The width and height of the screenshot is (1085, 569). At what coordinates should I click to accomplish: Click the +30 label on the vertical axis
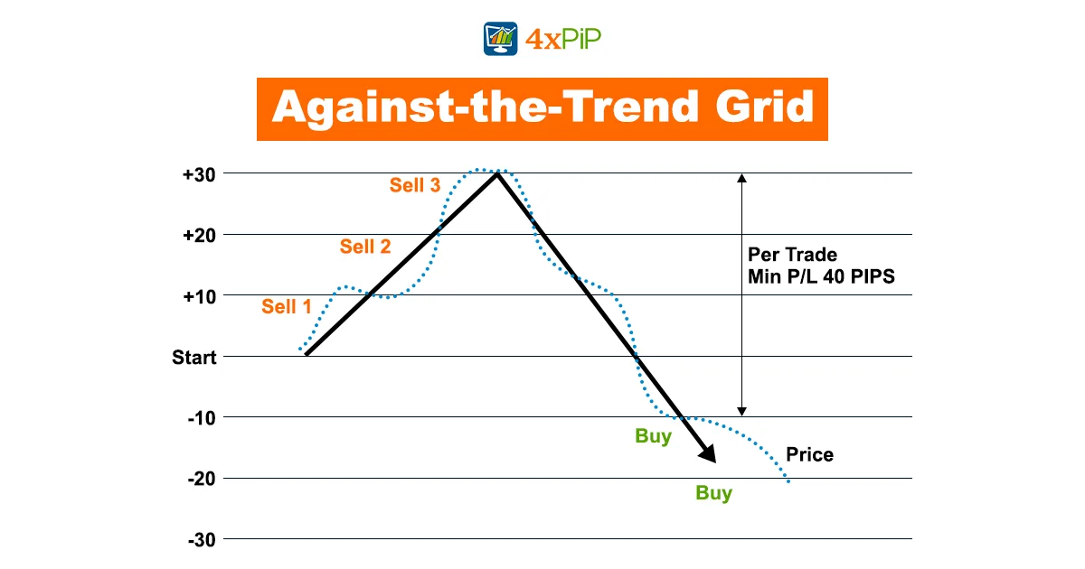[x=199, y=174]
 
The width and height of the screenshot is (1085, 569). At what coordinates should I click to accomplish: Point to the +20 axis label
[x=199, y=236]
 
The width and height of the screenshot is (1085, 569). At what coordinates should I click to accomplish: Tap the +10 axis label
[x=199, y=296]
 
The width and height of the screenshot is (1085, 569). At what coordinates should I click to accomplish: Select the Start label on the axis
[x=194, y=358]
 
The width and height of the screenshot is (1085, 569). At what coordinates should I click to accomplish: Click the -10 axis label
[x=202, y=418]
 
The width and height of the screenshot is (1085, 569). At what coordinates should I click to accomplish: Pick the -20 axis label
[x=202, y=479]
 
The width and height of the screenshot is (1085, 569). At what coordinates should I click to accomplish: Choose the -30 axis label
[x=202, y=540]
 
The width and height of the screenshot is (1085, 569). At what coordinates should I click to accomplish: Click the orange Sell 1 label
[x=287, y=307]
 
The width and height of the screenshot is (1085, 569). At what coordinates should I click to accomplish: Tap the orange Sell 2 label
[x=365, y=247]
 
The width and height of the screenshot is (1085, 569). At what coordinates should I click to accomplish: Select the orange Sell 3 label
[x=415, y=185]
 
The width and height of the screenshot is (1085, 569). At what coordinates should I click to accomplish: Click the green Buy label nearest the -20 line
[x=714, y=493]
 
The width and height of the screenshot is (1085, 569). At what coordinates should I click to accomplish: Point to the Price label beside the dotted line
[x=810, y=455]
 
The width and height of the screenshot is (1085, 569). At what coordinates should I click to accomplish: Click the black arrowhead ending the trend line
[x=708, y=453]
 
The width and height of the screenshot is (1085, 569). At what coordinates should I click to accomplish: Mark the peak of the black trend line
[x=497, y=174]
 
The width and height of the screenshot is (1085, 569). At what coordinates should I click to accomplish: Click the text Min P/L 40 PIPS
[x=822, y=276]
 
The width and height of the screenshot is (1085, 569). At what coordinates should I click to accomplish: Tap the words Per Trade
[x=792, y=255]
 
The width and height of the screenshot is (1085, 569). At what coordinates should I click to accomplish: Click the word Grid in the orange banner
[x=764, y=107]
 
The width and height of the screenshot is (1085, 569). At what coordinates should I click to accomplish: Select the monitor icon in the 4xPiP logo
[x=500, y=39]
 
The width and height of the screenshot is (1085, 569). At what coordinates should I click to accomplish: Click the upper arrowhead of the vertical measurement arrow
[x=741, y=178]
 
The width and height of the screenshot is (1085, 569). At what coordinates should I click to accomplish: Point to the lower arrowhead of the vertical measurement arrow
[x=741, y=412]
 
